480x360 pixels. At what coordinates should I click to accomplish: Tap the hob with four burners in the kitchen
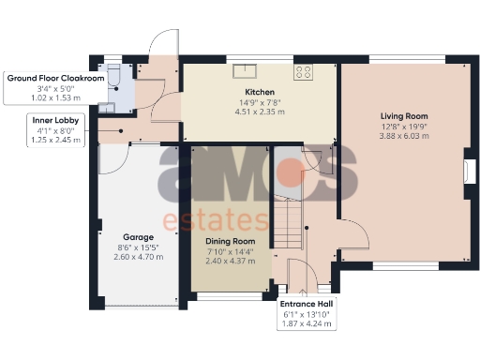306,71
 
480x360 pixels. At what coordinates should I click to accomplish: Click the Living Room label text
405,116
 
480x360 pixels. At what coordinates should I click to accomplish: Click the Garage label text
137,237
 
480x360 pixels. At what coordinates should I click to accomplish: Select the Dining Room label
230,240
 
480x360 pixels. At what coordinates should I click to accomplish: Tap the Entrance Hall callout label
306,305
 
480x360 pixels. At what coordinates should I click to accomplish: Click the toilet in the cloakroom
112,73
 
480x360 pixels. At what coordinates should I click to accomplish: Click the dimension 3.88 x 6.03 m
405,137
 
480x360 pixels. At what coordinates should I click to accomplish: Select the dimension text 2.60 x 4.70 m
137,257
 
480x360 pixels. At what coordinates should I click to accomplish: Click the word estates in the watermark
216,221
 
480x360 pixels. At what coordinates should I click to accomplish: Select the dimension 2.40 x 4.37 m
230,260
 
